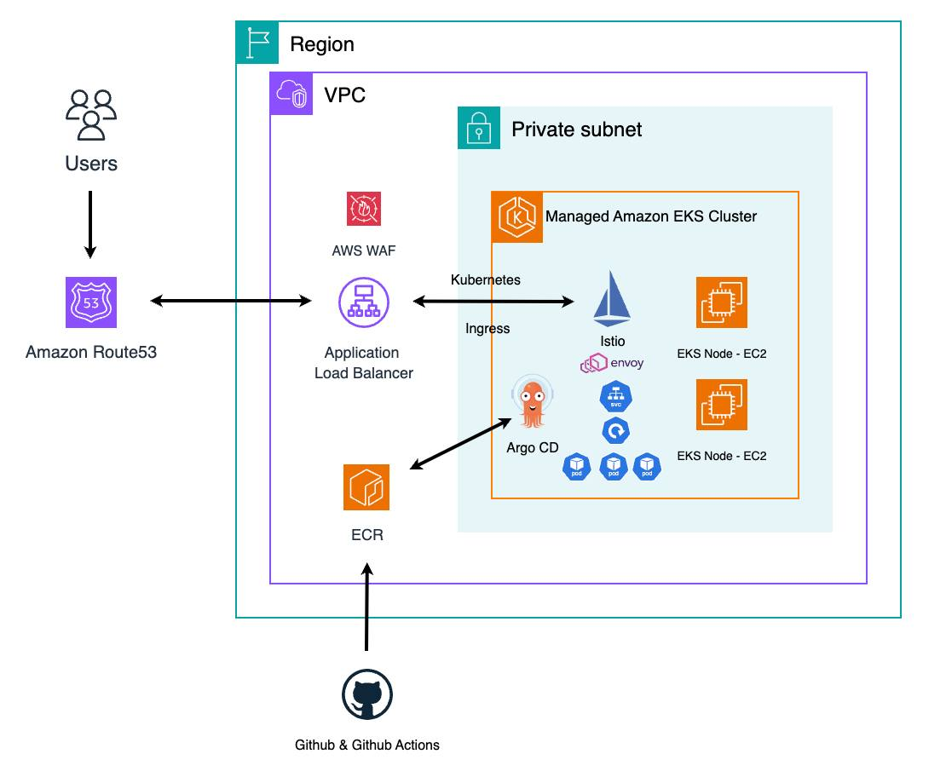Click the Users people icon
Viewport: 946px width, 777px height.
[x=91, y=114]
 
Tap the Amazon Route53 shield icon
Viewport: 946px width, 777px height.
[x=91, y=302]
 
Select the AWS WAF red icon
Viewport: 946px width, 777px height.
[x=364, y=209]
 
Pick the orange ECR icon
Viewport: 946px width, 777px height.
[x=366, y=487]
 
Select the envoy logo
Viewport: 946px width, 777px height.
[x=612, y=364]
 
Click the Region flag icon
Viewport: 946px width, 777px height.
[x=257, y=43]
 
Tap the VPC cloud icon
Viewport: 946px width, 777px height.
[x=291, y=94]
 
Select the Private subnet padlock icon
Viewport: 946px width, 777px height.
[x=479, y=128]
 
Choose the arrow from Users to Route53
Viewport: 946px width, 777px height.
[x=91, y=224]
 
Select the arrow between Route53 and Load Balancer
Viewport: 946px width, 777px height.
[x=231, y=301]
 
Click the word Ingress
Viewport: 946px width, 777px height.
[x=487, y=329]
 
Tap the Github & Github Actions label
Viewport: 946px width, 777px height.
[x=366, y=745]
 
